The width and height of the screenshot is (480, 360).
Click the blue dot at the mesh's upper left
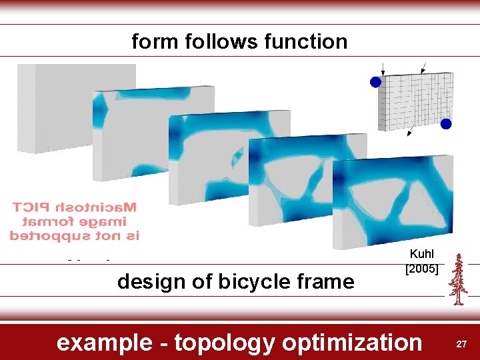coord(375,81)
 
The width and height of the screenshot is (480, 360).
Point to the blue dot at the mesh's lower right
coord(446,124)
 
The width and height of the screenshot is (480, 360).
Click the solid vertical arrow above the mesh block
coord(383,67)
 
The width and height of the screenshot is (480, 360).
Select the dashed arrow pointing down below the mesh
coord(411,131)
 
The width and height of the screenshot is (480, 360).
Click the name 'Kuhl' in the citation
coord(421,254)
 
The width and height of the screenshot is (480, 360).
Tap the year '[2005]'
coord(421,269)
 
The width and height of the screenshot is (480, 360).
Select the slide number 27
coord(461,343)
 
